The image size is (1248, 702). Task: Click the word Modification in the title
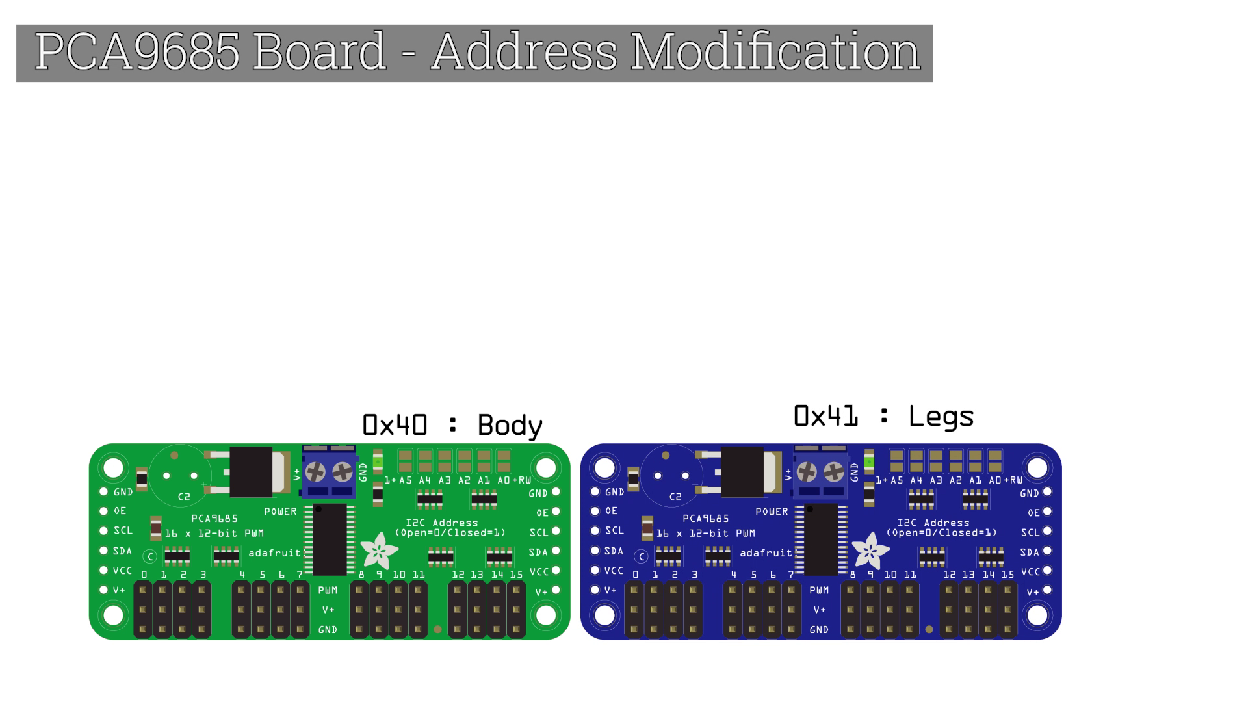click(x=775, y=51)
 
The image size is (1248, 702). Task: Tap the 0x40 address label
click(x=395, y=425)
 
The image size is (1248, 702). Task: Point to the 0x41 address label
click(x=825, y=416)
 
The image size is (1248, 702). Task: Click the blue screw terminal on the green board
click(x=329, y=472)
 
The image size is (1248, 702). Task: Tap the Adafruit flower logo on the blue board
click(x=870, y=551)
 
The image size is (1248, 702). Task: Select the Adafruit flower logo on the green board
click(x=379, y=551)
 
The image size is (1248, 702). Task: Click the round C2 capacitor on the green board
click(x=180, y=476)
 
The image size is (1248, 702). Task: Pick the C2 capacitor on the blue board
click(x=671, y=476)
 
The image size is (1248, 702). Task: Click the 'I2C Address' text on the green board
click(x=442, y=523)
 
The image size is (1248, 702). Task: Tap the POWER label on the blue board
click(x=772, y=512)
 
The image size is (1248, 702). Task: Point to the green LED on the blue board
click(x=869, y=462)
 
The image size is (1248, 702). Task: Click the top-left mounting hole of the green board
click(x=114, y=467)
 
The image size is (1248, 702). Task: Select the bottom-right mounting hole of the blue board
click(x=1037, y=615)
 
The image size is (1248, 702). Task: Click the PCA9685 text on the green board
click(x=214, y=519)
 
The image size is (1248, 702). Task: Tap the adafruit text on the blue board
click(x=766, y=553)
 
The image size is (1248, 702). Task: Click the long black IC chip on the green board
click(x=330, y=539)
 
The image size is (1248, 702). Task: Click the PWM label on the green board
click(x=328, y=590)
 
